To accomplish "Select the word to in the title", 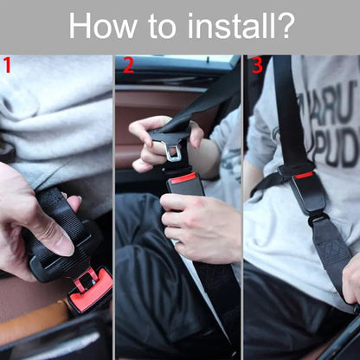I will (159, 26).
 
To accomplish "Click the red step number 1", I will (7, 66).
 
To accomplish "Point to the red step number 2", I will (128, 66).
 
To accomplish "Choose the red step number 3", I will (256, 66).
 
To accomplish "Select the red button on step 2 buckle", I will (183, 178).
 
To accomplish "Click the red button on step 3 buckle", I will (304, 175).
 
